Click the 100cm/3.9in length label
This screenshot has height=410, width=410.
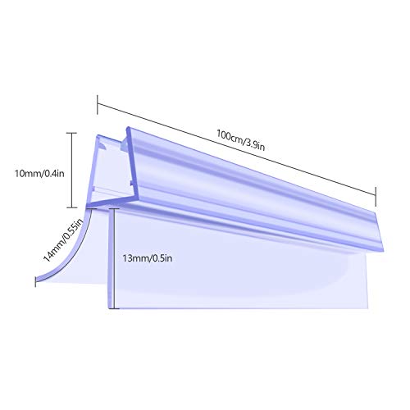(241, 140)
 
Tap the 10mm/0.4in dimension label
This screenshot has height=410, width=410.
(39, 173)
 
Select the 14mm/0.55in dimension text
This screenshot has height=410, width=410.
(63, 240)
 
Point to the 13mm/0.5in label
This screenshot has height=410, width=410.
(148, 258)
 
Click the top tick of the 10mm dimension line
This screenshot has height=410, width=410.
(72, 133)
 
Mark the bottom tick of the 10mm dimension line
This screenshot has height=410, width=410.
(72, 207)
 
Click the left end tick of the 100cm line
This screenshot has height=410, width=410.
(98, 104)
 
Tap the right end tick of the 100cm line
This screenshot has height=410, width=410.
(376, 197)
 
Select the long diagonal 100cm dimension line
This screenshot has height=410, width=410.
(237, 149)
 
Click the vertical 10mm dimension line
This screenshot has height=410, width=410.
(72, 171)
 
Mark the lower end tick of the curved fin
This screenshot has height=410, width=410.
(35, 281)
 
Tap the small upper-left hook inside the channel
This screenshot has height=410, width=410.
(103, 145)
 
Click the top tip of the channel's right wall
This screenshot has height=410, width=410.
(128, 128)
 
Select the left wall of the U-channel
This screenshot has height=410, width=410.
(92, 170)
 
